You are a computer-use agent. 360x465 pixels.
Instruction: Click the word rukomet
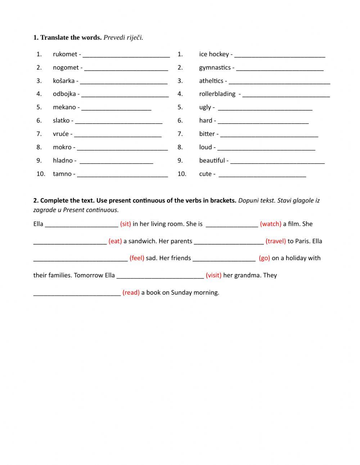click(x=65, y=54)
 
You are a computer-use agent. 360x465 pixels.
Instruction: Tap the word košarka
click(x=64, y=81)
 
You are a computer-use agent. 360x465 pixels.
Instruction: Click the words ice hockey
click(x=214, y=54)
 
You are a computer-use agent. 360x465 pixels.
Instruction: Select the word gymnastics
click(x=215, y=68)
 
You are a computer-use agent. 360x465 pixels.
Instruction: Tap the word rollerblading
click(x=217, y=94)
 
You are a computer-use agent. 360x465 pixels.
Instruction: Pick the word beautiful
click(x=212, y=161)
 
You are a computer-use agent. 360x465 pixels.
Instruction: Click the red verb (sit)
click(x=125, y=224)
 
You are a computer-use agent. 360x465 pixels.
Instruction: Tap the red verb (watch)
click(x=270, y=224)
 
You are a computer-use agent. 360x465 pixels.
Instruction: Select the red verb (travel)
click(x=275, y=241)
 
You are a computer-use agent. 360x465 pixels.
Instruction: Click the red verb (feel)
click(x=137, y=258)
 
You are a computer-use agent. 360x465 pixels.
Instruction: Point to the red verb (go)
click(x=264, y=258)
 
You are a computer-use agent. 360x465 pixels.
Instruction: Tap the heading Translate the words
click(x=71, y=37)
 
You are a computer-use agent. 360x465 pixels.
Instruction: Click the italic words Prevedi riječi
click(x=123, y=37)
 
